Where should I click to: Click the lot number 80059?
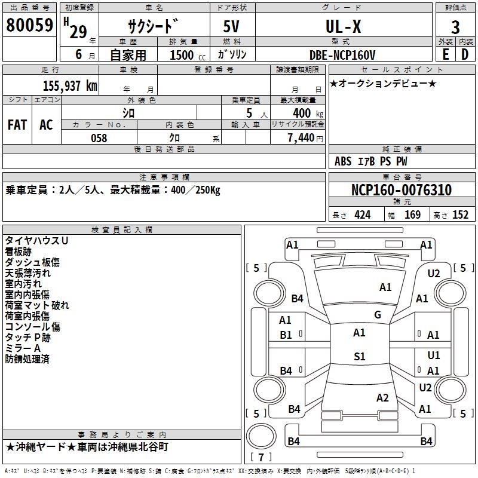click(x=29, y=26)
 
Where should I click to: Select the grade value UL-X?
click(x=343, y=27)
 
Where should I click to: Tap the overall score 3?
click(x=455, y=27)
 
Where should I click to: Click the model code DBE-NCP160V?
click(x=343, y=55)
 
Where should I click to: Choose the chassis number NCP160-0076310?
click(x=401, y=191)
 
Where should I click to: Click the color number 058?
click(x=99, y=138)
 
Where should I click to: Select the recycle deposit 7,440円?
click(x=305, y=138)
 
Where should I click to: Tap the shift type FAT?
click(x=17, y=125)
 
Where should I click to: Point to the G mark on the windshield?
click(x=378, y=314)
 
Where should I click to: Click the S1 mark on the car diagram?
click(x=359, y=357)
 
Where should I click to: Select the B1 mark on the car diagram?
click(x=286, y=335)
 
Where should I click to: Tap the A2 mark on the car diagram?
click(x=383, y=398)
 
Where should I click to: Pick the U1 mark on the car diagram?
click(x=434, y=356)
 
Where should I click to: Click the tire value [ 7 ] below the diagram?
click(x=261, y=457)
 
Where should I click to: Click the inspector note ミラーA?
click(x=22, y=348)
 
